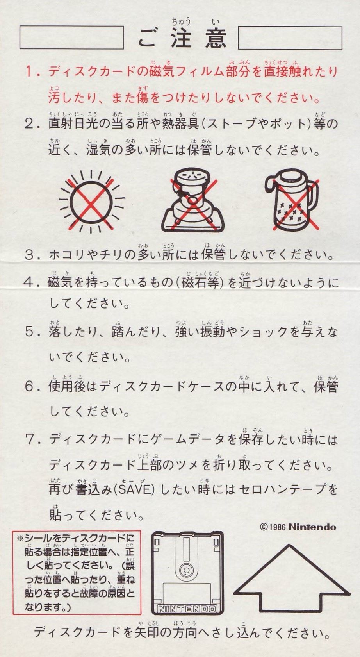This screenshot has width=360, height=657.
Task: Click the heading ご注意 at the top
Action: pyautogui.click(x=182, y=38)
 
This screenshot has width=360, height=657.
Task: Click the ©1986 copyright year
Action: pyautogui.click(x=273, y=527)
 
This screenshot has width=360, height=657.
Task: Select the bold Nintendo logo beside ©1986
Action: pyautogui.click(x=312, y=527)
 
